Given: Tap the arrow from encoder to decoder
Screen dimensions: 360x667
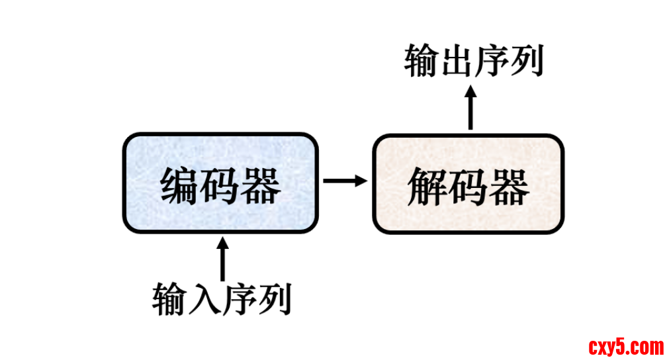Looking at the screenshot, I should pos(344,180).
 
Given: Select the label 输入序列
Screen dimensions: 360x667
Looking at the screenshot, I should pos(222,299).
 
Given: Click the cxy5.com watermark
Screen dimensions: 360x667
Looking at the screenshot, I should pos(625,345).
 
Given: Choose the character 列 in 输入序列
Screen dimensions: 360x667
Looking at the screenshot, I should pos(275,299).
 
